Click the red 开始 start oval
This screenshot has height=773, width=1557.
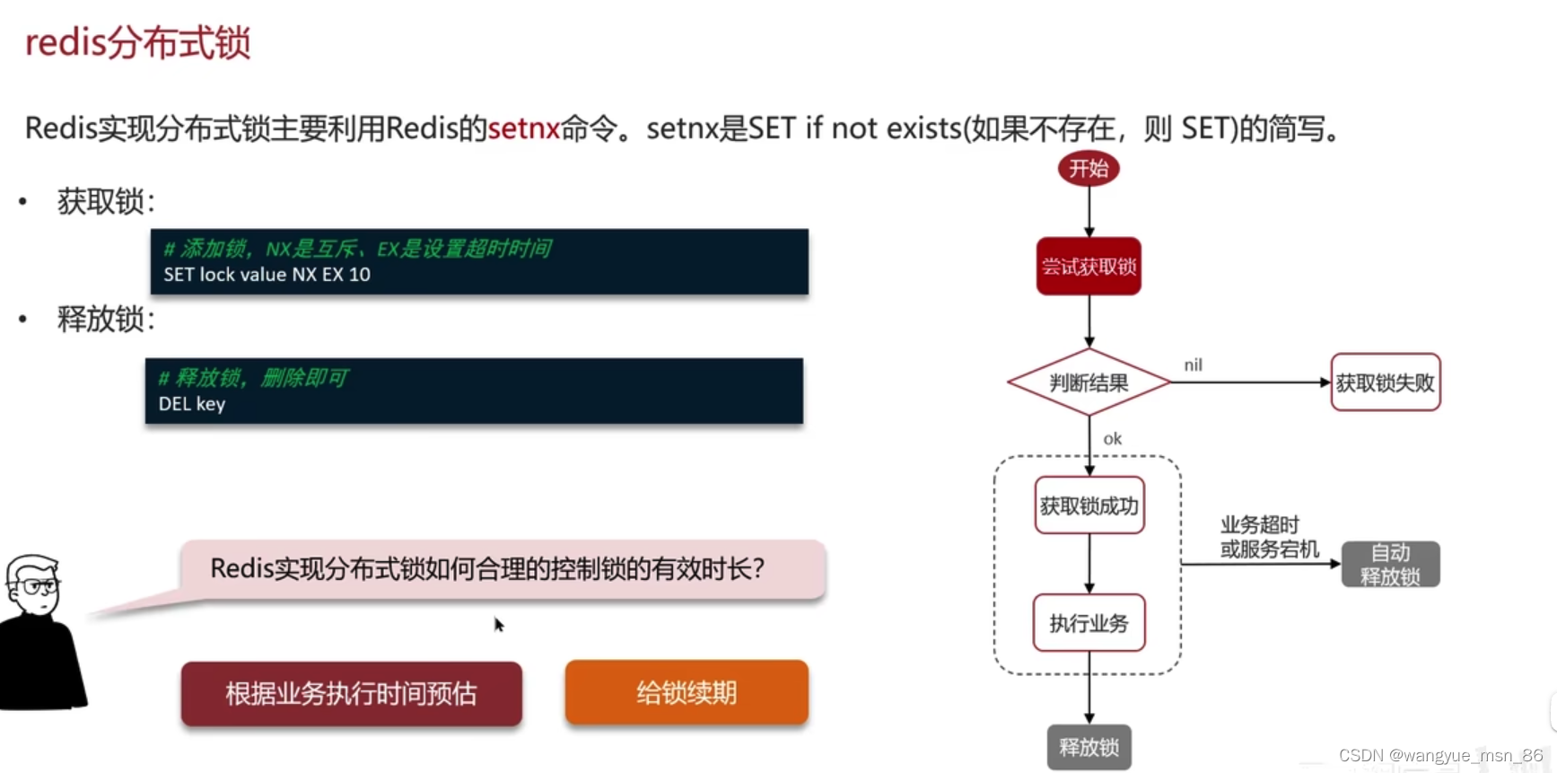click(x=1089, y=169)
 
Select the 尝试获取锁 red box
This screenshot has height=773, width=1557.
click(x=1089, y=267)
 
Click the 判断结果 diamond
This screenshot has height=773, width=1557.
click(x=1089, y=383)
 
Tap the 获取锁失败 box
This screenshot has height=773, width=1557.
click(x=1385, y=383)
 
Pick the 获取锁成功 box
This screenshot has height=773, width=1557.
click(x=1089, y=506)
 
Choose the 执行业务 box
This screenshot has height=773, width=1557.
click(x=1089, y=623)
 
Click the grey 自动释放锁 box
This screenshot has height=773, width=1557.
click(x=1390, y=565)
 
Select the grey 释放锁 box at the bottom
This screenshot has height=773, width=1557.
click(x=1089, y=747)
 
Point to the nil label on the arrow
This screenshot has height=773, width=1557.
click(x=1193, y=365)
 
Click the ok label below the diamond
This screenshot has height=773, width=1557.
click(x=1112, y=439)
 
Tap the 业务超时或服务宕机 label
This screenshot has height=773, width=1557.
click(x=1268, y=537)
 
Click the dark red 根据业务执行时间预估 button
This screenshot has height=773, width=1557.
click(x=351, y=694)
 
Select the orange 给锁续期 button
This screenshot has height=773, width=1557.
click(x=687, y=693)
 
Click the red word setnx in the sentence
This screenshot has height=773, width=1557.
click(x=523, y=129)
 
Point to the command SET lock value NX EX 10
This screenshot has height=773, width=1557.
click(x=267, y=275)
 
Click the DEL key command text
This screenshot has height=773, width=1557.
click(x=191, y=404)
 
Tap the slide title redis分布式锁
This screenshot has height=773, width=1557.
click(x=137, y=43)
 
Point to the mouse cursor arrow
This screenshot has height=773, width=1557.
click(x=499, y=624)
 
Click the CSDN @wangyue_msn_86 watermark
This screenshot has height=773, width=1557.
click(x=1440, y=756)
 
